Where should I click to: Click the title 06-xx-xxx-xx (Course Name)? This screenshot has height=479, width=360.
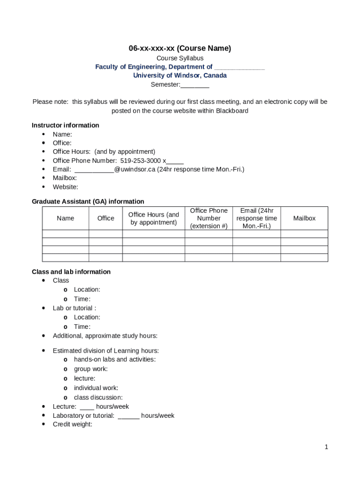(180, 48)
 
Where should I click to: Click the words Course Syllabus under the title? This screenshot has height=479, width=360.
(180, 58)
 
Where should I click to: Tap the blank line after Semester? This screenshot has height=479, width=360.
(195, 85)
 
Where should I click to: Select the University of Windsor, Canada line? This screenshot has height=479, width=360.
(180, 75)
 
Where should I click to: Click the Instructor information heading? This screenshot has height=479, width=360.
(65, 125)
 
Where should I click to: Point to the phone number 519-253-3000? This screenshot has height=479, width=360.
(141, 160)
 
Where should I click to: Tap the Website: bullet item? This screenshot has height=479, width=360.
(65, 187)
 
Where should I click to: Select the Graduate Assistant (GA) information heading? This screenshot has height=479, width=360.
(88, 202)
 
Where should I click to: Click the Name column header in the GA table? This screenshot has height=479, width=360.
(65, 218)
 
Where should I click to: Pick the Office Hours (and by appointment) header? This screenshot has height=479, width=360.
(153, 218)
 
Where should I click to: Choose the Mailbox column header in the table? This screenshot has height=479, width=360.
(304, 218)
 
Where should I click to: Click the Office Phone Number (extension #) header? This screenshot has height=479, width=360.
(209, 218)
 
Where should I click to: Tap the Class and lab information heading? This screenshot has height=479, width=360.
(71, 272)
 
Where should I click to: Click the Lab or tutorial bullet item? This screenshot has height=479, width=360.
(74, 308)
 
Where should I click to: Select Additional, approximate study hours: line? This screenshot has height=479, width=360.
(105, 336)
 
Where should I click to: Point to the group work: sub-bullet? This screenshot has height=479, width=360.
(91, 369)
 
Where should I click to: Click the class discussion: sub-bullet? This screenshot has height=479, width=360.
(98, 398)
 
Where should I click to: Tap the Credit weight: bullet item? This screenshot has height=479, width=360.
(72, 424)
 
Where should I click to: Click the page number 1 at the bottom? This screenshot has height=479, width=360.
(326, 447)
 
